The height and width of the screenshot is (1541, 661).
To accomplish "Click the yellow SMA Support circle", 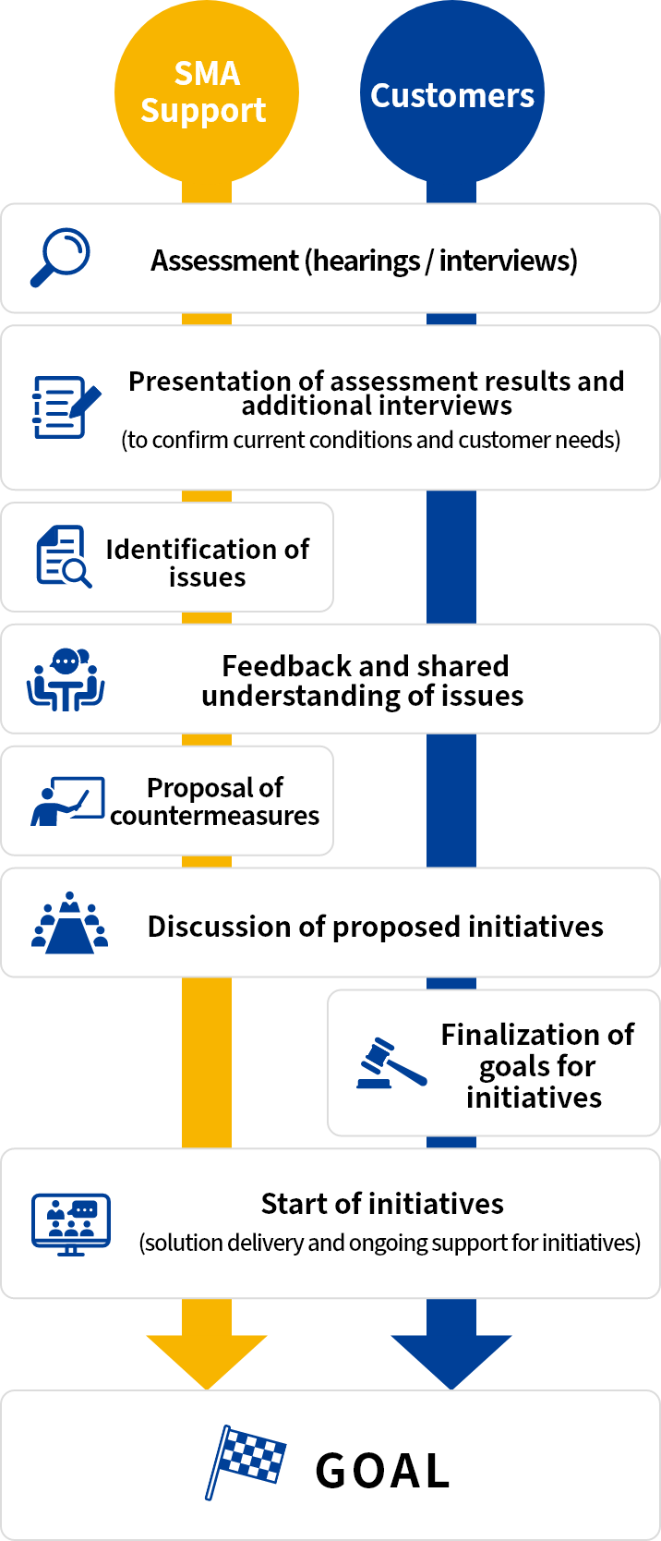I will click(206, 92).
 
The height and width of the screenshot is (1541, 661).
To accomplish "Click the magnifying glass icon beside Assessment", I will click(60, 257).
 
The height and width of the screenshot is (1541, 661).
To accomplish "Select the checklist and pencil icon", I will click(66, 406).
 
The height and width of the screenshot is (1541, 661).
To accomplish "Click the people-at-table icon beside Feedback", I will click(66, 679).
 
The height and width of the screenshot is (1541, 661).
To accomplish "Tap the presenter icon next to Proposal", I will click(66, 800).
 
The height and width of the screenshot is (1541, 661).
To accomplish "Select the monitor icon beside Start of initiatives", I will click(71, 1223).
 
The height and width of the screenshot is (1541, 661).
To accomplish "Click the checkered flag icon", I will click(246, 1461).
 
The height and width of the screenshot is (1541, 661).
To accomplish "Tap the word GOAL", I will click(382, 1471).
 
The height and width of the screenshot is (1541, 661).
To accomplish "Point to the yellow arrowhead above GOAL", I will click(206, 1358).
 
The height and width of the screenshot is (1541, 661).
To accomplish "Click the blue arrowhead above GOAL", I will click(451, 1358).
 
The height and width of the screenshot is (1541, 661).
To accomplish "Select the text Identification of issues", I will click(208, 563).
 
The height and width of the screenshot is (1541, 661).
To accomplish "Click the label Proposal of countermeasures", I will click(215, 801).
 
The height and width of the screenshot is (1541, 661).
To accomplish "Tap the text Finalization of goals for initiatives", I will click(536, 1065).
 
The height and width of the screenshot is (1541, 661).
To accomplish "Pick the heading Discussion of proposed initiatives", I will click(375, 927).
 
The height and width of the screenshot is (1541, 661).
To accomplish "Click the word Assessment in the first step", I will click(224, 261).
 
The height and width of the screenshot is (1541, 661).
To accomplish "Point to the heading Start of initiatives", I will click(382, 1204).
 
